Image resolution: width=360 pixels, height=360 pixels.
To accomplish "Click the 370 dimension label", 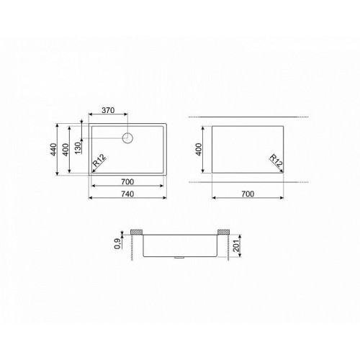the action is click(x=108, y=110).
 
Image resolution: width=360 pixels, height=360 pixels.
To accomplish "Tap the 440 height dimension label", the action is click(x=53, y=149).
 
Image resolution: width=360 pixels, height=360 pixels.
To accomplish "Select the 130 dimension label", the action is click(x=78, y=148).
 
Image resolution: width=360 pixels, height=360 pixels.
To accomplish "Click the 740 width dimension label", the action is click(x=127, y=194).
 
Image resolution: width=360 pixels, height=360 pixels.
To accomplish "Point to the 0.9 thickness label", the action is click(x=117, y=243).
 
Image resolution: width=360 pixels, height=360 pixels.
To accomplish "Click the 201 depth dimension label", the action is click(x=237, y=246).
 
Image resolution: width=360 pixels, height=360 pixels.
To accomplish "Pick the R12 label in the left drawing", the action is click(x=99, y=161).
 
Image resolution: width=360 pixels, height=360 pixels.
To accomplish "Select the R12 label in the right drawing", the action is click(x=276, y=161).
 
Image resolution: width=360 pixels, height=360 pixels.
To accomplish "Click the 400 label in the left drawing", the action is click(x=66, y=150).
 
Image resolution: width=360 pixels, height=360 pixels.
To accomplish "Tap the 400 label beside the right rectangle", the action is click(x=199, y=149).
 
